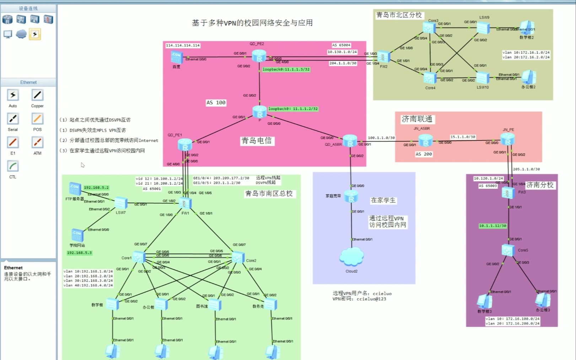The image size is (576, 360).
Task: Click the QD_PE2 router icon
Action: click(x=259, y=56)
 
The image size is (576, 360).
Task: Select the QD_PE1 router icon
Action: click(x=185, y=145)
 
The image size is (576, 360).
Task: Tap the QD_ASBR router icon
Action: click(x=350, y=141)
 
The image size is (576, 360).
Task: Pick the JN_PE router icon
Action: click(x=507, y=139)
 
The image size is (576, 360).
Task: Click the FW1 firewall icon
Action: click(x=185, y=203)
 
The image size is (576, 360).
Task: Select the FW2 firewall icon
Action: click(x=384, y=57)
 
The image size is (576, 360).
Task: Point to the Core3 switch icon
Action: click(x=429, y=28)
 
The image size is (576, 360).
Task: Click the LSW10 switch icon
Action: click(x=483, y=77)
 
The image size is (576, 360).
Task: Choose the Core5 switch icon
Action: click(x=508, y=250)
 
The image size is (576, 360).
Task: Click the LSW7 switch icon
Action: click(x=121, y=203)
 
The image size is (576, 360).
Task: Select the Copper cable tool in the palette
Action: click(x=37, y=95)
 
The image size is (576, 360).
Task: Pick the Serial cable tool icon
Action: click(x=13, y=119)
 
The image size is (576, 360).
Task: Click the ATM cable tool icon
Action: click(x=37, y=143)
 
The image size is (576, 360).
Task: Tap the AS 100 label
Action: click(x=216, y=102)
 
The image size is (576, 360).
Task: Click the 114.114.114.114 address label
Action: click(x=183, y=45)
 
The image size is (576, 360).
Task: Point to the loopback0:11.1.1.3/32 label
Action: click(x=286, y=70)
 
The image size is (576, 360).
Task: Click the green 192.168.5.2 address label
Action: click(x=96, y=188)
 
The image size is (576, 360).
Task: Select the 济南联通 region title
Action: click(x=417, y=119)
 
